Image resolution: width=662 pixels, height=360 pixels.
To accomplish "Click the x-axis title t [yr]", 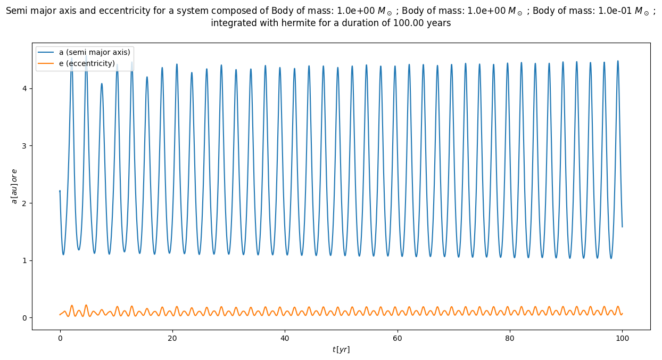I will point(341,349).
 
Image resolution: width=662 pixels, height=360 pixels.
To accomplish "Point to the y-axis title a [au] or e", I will point(14,186).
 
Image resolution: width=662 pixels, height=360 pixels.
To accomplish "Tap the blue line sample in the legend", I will point(46,52).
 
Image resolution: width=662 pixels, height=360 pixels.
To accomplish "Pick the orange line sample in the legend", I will point(46,63).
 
